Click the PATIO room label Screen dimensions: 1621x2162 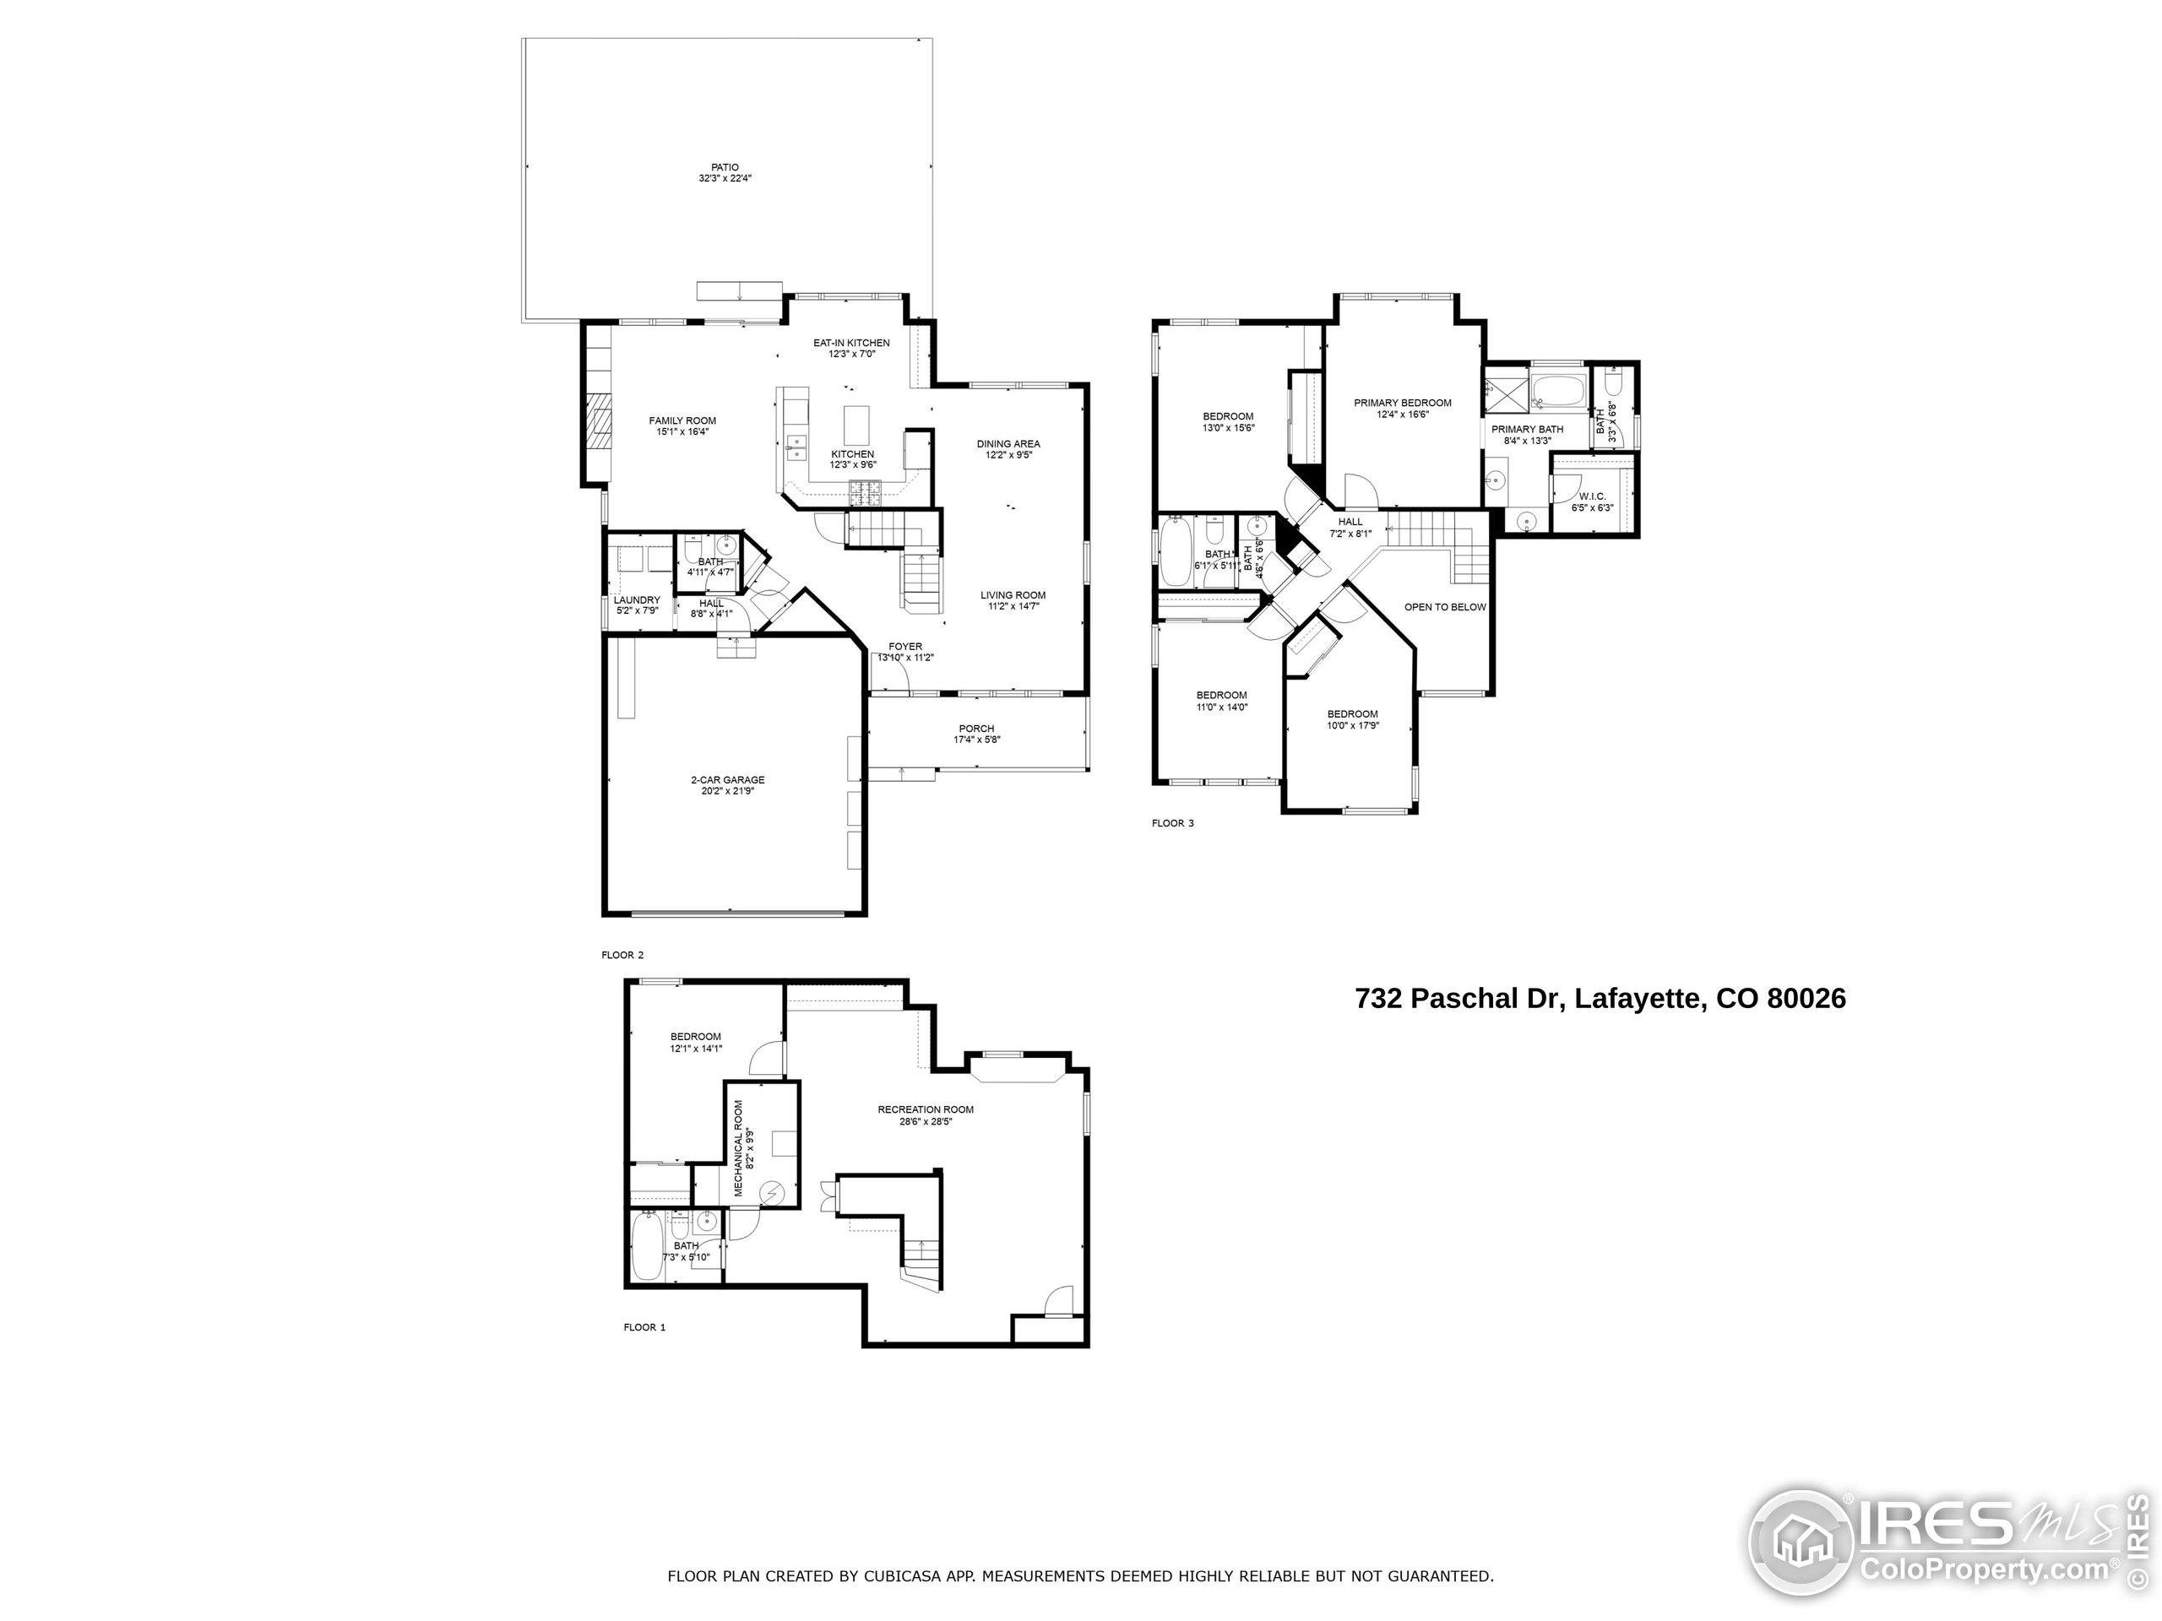click(x=725, y=167)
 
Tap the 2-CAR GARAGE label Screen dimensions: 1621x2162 click(x=727, y=780)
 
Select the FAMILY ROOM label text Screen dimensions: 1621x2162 click(x=682, y=421)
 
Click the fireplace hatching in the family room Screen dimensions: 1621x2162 click(x=598, y=423)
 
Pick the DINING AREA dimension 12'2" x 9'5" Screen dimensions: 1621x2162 click(x=1008, y=455)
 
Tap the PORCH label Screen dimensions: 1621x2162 click(x=975, y=729)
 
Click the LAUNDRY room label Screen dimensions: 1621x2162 click(x=636, y=600)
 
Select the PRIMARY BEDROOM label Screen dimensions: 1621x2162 click(x=1402, y=403)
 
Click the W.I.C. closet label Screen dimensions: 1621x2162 click(x=1591, y=496)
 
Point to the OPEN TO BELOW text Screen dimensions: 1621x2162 click(x=1445, y=607)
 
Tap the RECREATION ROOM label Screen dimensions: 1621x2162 click(x=925, y=1110)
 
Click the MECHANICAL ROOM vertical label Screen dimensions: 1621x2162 click(x=738, y=1148)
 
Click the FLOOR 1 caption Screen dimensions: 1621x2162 click(x=644, y=1327)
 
